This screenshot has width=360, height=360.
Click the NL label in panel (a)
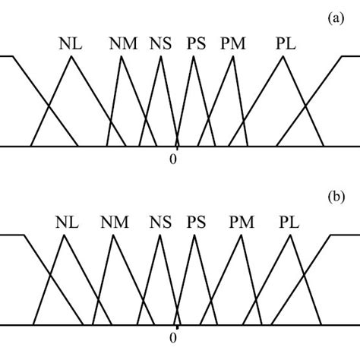pyautogui.click(x=69, y=43)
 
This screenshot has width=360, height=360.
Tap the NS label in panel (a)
pyautogui.click(x=162, y=43)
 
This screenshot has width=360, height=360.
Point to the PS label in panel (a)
pyautogui.click(x=195, y=43)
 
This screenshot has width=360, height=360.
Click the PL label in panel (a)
pyautogui.click(x=285, y=43)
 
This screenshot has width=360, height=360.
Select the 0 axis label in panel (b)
pyautogui.click(x=174, y=338)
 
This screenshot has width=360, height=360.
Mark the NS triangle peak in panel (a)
pyautogui.click(x=162, y=57)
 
